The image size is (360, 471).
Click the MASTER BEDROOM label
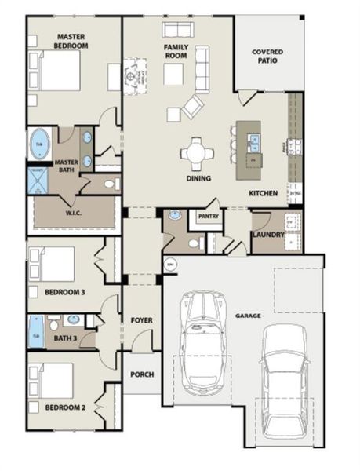click(71, 41)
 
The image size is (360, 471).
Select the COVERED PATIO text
click(267, 57)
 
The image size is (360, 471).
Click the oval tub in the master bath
click(39, 145)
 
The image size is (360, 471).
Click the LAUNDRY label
click(267, 234)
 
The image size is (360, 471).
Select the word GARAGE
click(247, 316)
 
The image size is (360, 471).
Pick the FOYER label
click(141, 321)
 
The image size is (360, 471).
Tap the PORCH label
click(141, 374)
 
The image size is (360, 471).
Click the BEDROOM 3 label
click(64, 292)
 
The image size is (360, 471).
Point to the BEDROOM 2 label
click(64, 407)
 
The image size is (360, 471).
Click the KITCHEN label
click(263, 193)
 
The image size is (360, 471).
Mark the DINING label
click(198, 178)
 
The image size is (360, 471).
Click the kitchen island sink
click(253, 142)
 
